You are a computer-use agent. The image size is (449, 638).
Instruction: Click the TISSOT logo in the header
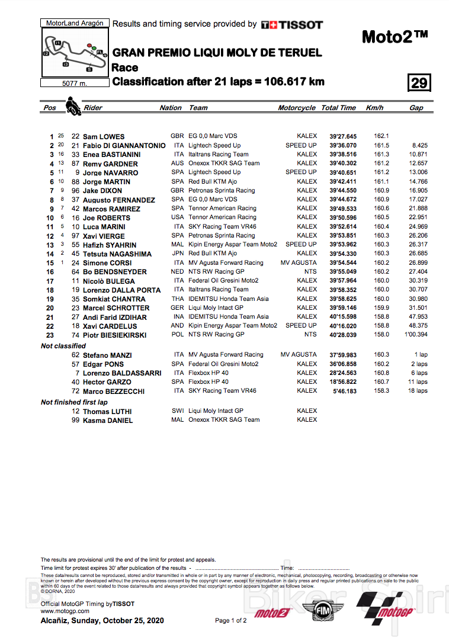click(292, 25)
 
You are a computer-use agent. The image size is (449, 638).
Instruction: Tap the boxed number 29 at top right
click(419, 83)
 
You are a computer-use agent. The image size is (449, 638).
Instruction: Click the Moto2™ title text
click(395, 37)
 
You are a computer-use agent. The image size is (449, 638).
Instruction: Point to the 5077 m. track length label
click(75, 84)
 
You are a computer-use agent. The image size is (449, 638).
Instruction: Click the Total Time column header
click(338, 108)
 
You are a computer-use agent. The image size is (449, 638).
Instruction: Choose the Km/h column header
click(375, 108)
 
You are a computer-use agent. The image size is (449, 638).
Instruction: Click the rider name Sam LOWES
click(104, 137)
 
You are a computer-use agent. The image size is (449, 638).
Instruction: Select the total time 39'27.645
click(339, 136)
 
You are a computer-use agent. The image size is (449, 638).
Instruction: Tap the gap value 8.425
click(419, 145)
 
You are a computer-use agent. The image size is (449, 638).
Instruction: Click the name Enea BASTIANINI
click(111, 155)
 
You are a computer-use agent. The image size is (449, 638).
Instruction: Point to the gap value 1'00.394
click(415, 335)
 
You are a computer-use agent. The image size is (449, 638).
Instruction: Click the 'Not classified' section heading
click(63, 346)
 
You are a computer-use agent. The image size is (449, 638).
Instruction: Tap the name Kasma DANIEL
click(107, 421)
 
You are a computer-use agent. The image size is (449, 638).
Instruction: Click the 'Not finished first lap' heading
click(74, 402)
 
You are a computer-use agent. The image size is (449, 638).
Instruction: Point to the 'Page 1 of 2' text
click(231, 621)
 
